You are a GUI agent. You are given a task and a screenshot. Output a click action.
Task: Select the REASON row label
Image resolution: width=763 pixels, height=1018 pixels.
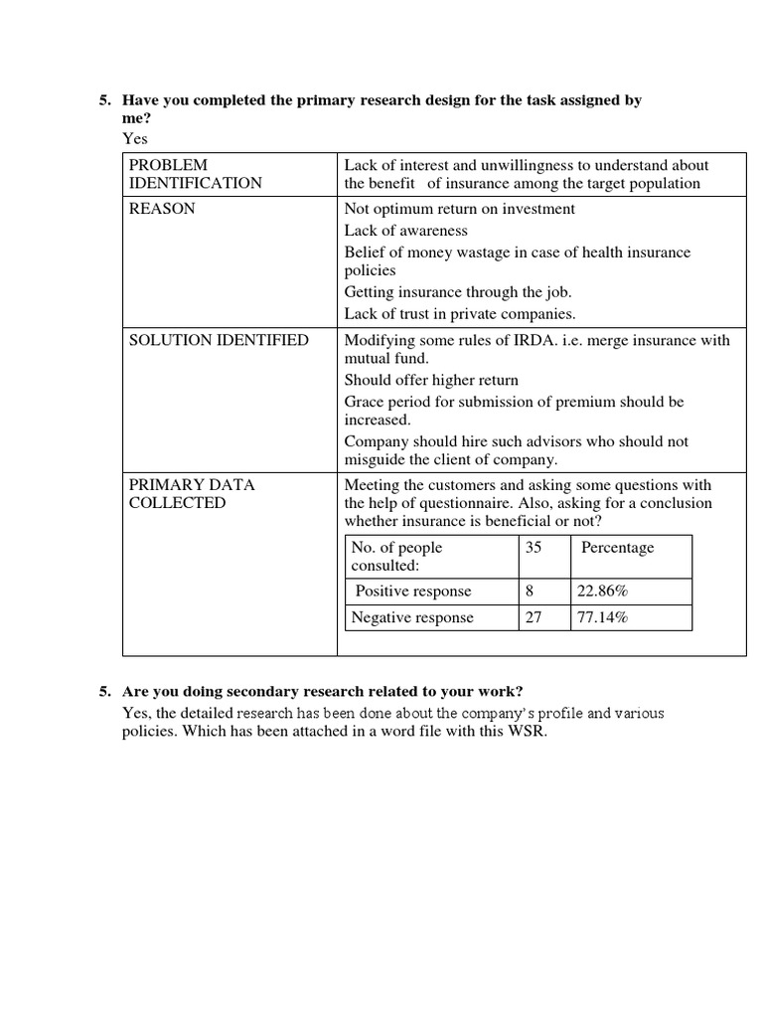(x=162, y=209)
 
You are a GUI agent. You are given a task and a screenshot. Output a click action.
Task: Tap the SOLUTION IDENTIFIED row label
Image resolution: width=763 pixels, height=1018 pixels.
(x=220, y=340)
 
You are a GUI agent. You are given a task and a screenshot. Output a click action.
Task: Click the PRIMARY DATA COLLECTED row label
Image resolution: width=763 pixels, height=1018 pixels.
(x=192, y=494)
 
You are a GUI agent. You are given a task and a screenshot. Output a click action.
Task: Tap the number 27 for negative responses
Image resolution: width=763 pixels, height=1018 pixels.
(x=534, y=617)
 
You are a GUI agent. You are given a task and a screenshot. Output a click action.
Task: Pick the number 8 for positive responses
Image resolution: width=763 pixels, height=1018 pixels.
(x=530, y=592)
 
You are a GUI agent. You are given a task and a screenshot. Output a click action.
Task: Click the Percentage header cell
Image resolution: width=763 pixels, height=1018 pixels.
(x=617, y=548)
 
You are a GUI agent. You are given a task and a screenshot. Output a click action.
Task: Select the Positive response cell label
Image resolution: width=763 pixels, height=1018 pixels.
(x=413, y=592)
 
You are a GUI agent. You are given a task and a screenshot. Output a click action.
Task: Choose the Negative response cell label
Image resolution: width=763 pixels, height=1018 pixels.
(x=413, y=617)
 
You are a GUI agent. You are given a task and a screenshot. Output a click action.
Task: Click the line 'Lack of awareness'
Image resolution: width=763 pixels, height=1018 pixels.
(x=405, y=231)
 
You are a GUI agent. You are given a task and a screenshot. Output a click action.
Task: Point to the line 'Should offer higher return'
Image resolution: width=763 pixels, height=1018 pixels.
(x=431, y=380)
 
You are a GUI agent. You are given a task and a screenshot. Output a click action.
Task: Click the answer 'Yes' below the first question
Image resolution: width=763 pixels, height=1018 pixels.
(x=134, y=137)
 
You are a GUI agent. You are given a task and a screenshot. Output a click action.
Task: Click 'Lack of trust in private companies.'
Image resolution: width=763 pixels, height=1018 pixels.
(x=460, y=314)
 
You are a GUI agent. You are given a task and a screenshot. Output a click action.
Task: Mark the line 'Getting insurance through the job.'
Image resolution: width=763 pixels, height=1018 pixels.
(x=458, y=292)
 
